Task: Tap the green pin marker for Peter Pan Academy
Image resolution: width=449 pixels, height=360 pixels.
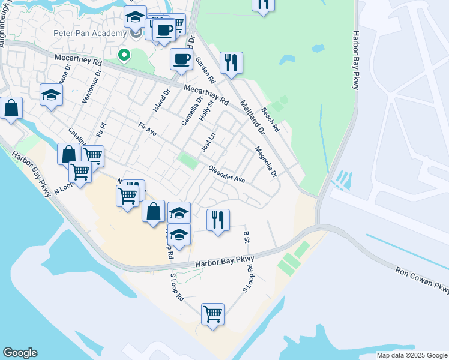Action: click(124, 56)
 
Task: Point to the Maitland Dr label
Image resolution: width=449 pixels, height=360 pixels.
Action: click(253, 116)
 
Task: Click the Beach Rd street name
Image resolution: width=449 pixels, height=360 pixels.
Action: click(270, 120)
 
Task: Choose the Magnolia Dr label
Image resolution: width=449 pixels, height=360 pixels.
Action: click(265, 162)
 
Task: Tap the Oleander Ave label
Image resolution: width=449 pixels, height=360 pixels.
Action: click(227, 175)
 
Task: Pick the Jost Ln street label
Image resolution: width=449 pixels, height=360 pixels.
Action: click(208, 143)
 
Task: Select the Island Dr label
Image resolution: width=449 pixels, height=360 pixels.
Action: click(158, 100)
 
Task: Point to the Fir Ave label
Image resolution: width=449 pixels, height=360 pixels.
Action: click(147, 129)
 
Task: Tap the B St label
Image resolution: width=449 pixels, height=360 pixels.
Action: click(246, 237)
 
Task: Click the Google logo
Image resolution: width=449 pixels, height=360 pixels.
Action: click(20, 353)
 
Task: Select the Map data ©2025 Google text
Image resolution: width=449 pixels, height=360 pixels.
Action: click(412, 355)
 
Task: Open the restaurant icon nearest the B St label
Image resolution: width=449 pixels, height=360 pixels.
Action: click(218, 220)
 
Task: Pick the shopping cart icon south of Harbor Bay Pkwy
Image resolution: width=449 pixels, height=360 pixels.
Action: click(212, 314)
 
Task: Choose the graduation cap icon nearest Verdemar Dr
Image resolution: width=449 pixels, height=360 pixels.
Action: click(52, 95)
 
